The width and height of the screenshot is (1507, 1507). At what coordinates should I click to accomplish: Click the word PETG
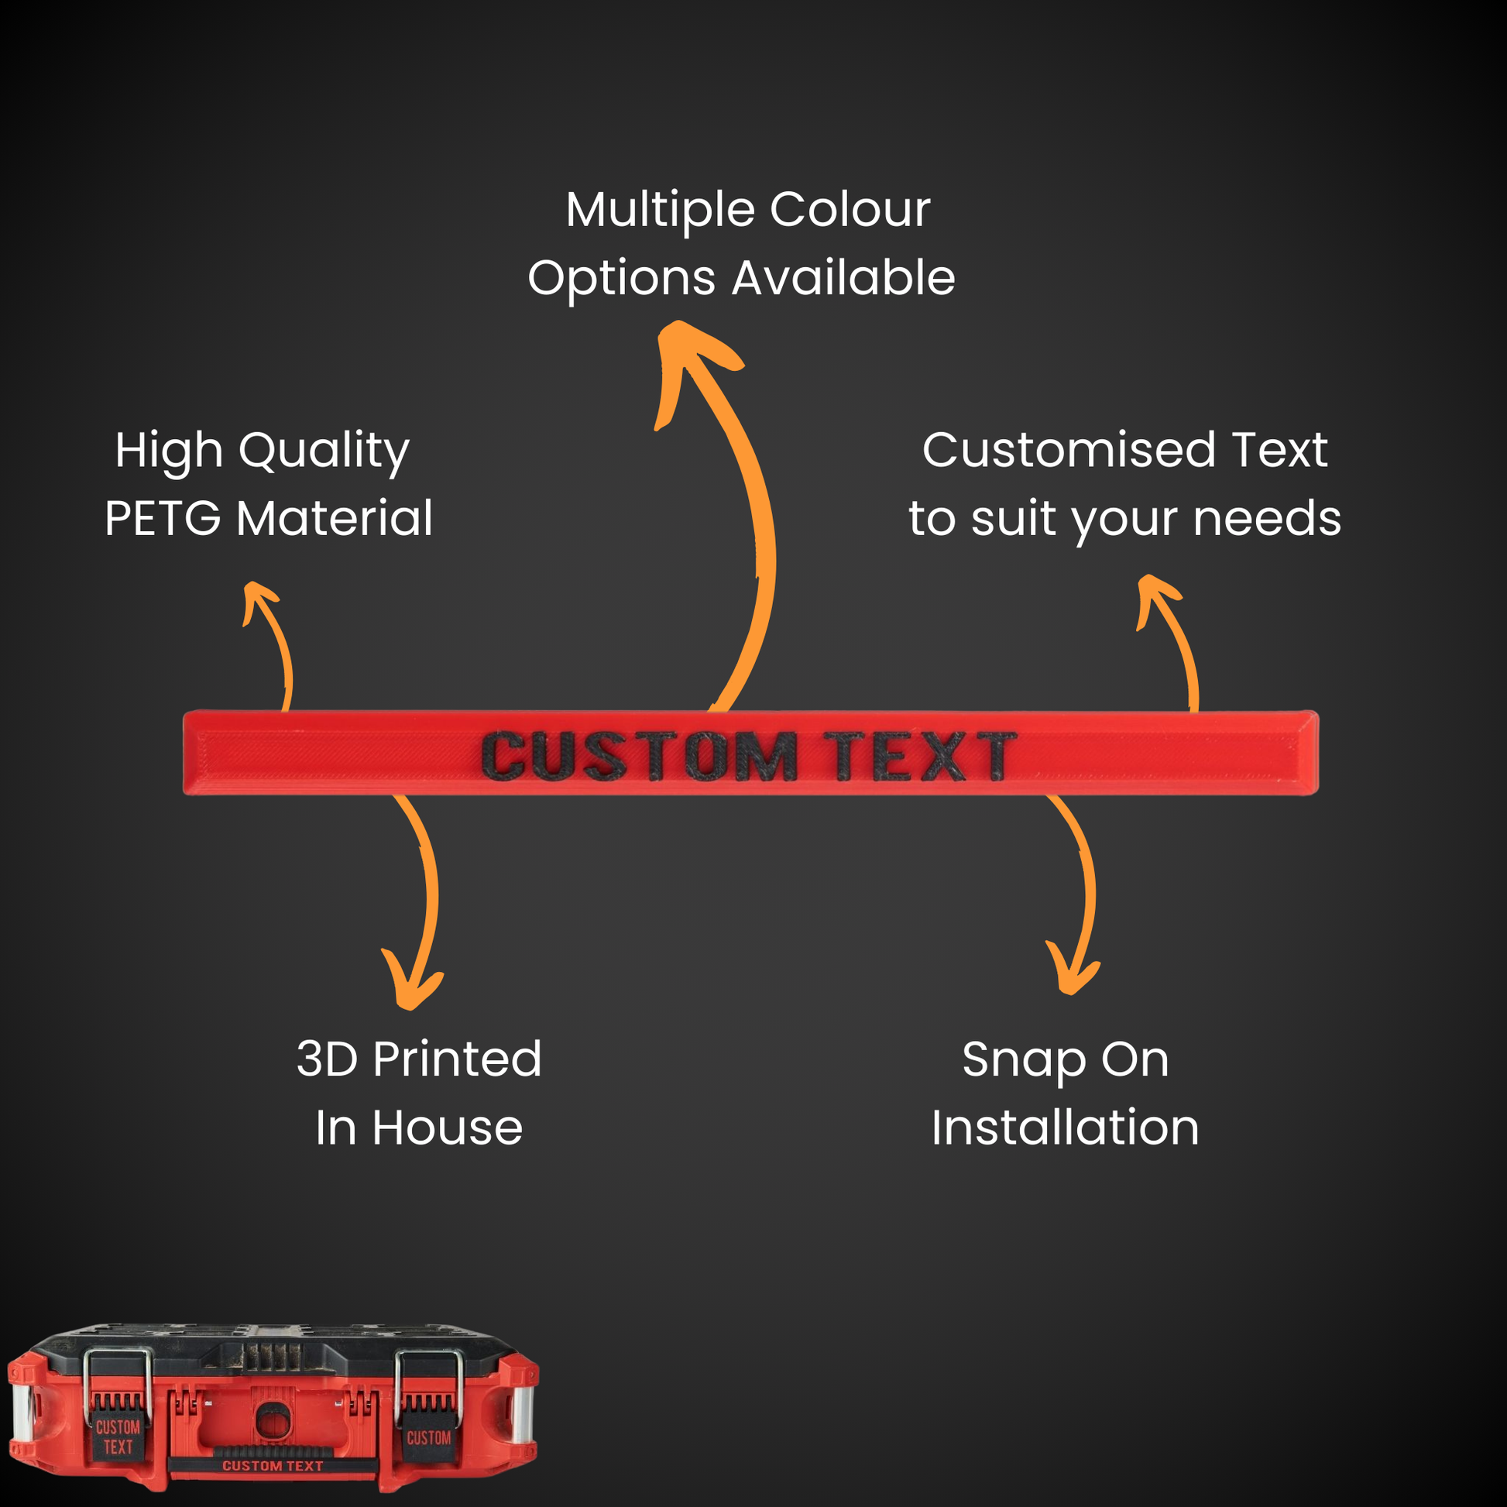pyautogui.click(x=163, y=519)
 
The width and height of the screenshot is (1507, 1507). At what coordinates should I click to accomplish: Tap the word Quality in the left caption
pyautogui.click(x=324, y=451)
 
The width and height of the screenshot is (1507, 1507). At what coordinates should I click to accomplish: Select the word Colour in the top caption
pyautogui.click(x=850, y=210)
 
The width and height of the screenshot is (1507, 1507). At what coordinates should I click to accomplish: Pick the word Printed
pyautogui.click(x=456, y=1059)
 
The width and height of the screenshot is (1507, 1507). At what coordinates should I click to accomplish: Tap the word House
pyautogui.click(x=447, y=1128)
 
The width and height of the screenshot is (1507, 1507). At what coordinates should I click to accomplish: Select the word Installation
pyautogui.click(x=1065, y=1128)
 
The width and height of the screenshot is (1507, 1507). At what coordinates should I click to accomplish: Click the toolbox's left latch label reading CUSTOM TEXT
pyautogui.click(x=118, y=1437)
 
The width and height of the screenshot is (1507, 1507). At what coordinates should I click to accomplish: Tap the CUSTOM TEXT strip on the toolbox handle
pyautogui.click(x=273, y=1467)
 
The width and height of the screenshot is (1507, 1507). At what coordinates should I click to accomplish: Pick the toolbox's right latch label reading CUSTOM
pyautogui.click(x=428, y=1437)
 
